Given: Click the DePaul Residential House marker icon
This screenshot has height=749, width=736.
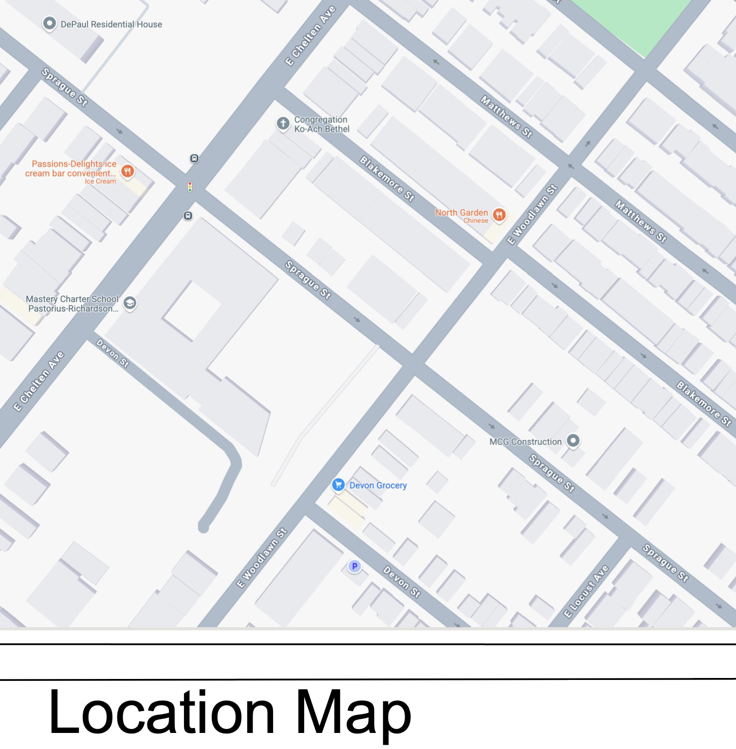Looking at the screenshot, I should (49, 23).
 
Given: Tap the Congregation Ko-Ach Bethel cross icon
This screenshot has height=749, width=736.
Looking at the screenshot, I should (283, 124).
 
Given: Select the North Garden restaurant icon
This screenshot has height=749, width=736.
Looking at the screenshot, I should (499, 214).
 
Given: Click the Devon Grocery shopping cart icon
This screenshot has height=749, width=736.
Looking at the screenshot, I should (338, 485).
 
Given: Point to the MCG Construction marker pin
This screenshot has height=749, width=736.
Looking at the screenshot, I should (573, 441).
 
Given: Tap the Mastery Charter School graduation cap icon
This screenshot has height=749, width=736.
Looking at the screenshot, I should (129, 303).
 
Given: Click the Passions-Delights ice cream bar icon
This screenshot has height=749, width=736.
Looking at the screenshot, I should (128, 171).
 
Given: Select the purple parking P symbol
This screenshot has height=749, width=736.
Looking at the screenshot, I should (355, 566).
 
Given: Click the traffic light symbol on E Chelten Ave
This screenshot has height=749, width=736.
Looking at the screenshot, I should (190, 186).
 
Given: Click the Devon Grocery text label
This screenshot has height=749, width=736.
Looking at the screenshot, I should (378, 485).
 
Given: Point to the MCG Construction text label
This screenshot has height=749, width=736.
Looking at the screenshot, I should (525, 442).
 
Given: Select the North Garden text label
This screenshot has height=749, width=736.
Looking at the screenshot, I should (461, 213).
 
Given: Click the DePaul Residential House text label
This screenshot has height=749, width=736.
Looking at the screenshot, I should (111, 24).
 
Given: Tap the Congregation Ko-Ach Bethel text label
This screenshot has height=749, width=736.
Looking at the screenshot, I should (321, 124).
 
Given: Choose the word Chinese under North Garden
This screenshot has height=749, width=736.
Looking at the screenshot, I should (476, 221).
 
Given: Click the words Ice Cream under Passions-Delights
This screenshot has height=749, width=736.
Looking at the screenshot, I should (100, 181).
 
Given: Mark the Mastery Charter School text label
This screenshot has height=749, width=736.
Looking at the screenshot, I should (72, 303).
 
